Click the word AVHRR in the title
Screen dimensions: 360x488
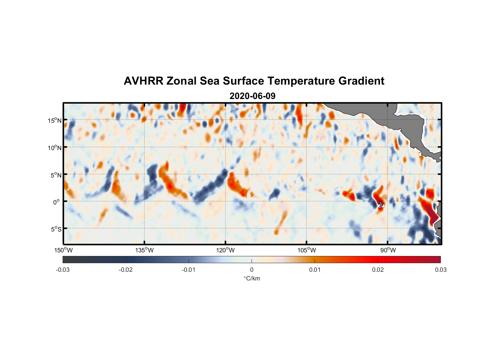[x=143, y=81]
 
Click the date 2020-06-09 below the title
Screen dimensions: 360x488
[x=252, y=96]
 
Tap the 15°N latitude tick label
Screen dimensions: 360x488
[x=54, y=120]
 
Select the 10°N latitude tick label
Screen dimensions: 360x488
[x=54, y=148]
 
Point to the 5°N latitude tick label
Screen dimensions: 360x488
[x=55, y=175]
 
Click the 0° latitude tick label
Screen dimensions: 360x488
[x=57, y=202]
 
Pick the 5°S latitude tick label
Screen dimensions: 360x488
[x=55, y=229]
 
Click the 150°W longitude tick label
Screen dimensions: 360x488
[x=64, y=250]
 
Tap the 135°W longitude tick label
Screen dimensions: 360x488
[x=145, y=250]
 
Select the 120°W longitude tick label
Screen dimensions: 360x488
[x=226, y=250]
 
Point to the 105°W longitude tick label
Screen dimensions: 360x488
[x=307, y=250]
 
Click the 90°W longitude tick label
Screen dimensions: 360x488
[x=388, y=250]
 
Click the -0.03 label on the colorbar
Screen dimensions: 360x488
[x=63, y=270]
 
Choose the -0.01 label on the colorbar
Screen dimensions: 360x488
[x=189, y=270]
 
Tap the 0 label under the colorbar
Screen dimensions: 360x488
[x=252, y=270]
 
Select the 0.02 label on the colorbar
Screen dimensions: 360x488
[x=378, y=270]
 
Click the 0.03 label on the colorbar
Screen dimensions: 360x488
[x=440, y=270]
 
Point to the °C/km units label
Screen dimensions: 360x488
[x=252, y=278]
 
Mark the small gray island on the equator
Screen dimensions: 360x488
[x=381, y=204]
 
